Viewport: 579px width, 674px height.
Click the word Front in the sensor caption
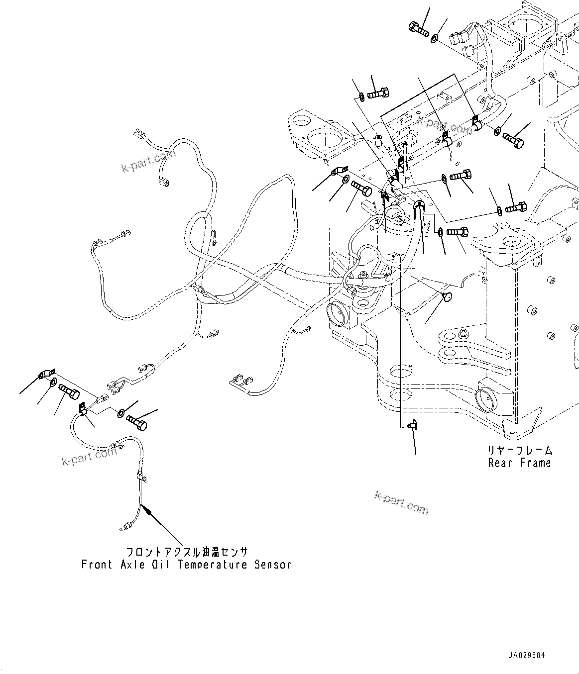97,565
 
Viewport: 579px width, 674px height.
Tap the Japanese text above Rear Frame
520,451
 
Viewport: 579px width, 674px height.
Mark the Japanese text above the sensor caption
186,553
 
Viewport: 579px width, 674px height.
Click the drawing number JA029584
527,656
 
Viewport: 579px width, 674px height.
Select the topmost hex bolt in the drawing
419,29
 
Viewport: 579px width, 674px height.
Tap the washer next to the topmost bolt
435,37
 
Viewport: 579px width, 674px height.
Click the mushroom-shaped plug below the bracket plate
446,297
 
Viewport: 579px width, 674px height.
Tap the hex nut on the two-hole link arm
464,332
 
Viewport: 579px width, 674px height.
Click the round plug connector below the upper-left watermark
164,183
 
